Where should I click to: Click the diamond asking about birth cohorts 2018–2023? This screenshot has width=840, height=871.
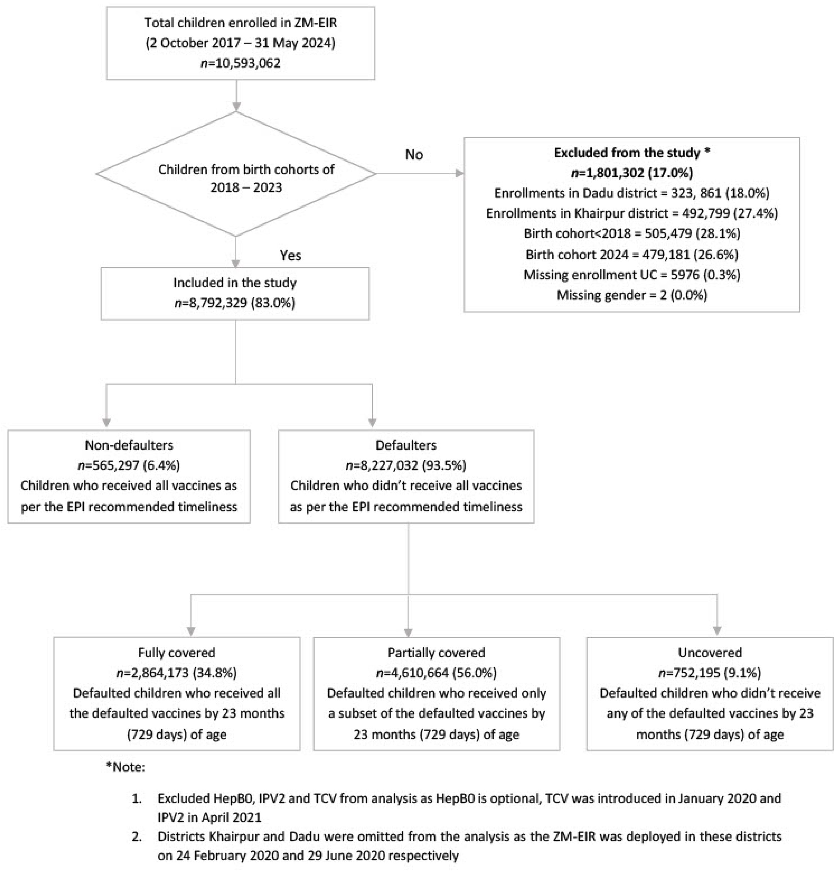point(236,174)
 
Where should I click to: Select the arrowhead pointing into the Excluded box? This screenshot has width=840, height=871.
point(459,174)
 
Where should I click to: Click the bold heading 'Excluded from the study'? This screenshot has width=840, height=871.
point(632,153)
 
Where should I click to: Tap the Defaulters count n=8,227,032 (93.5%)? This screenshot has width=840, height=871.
point(406,465)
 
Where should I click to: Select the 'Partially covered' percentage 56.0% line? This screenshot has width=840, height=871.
point(436,673)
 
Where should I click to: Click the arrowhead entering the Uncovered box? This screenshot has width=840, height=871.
point(717,631)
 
